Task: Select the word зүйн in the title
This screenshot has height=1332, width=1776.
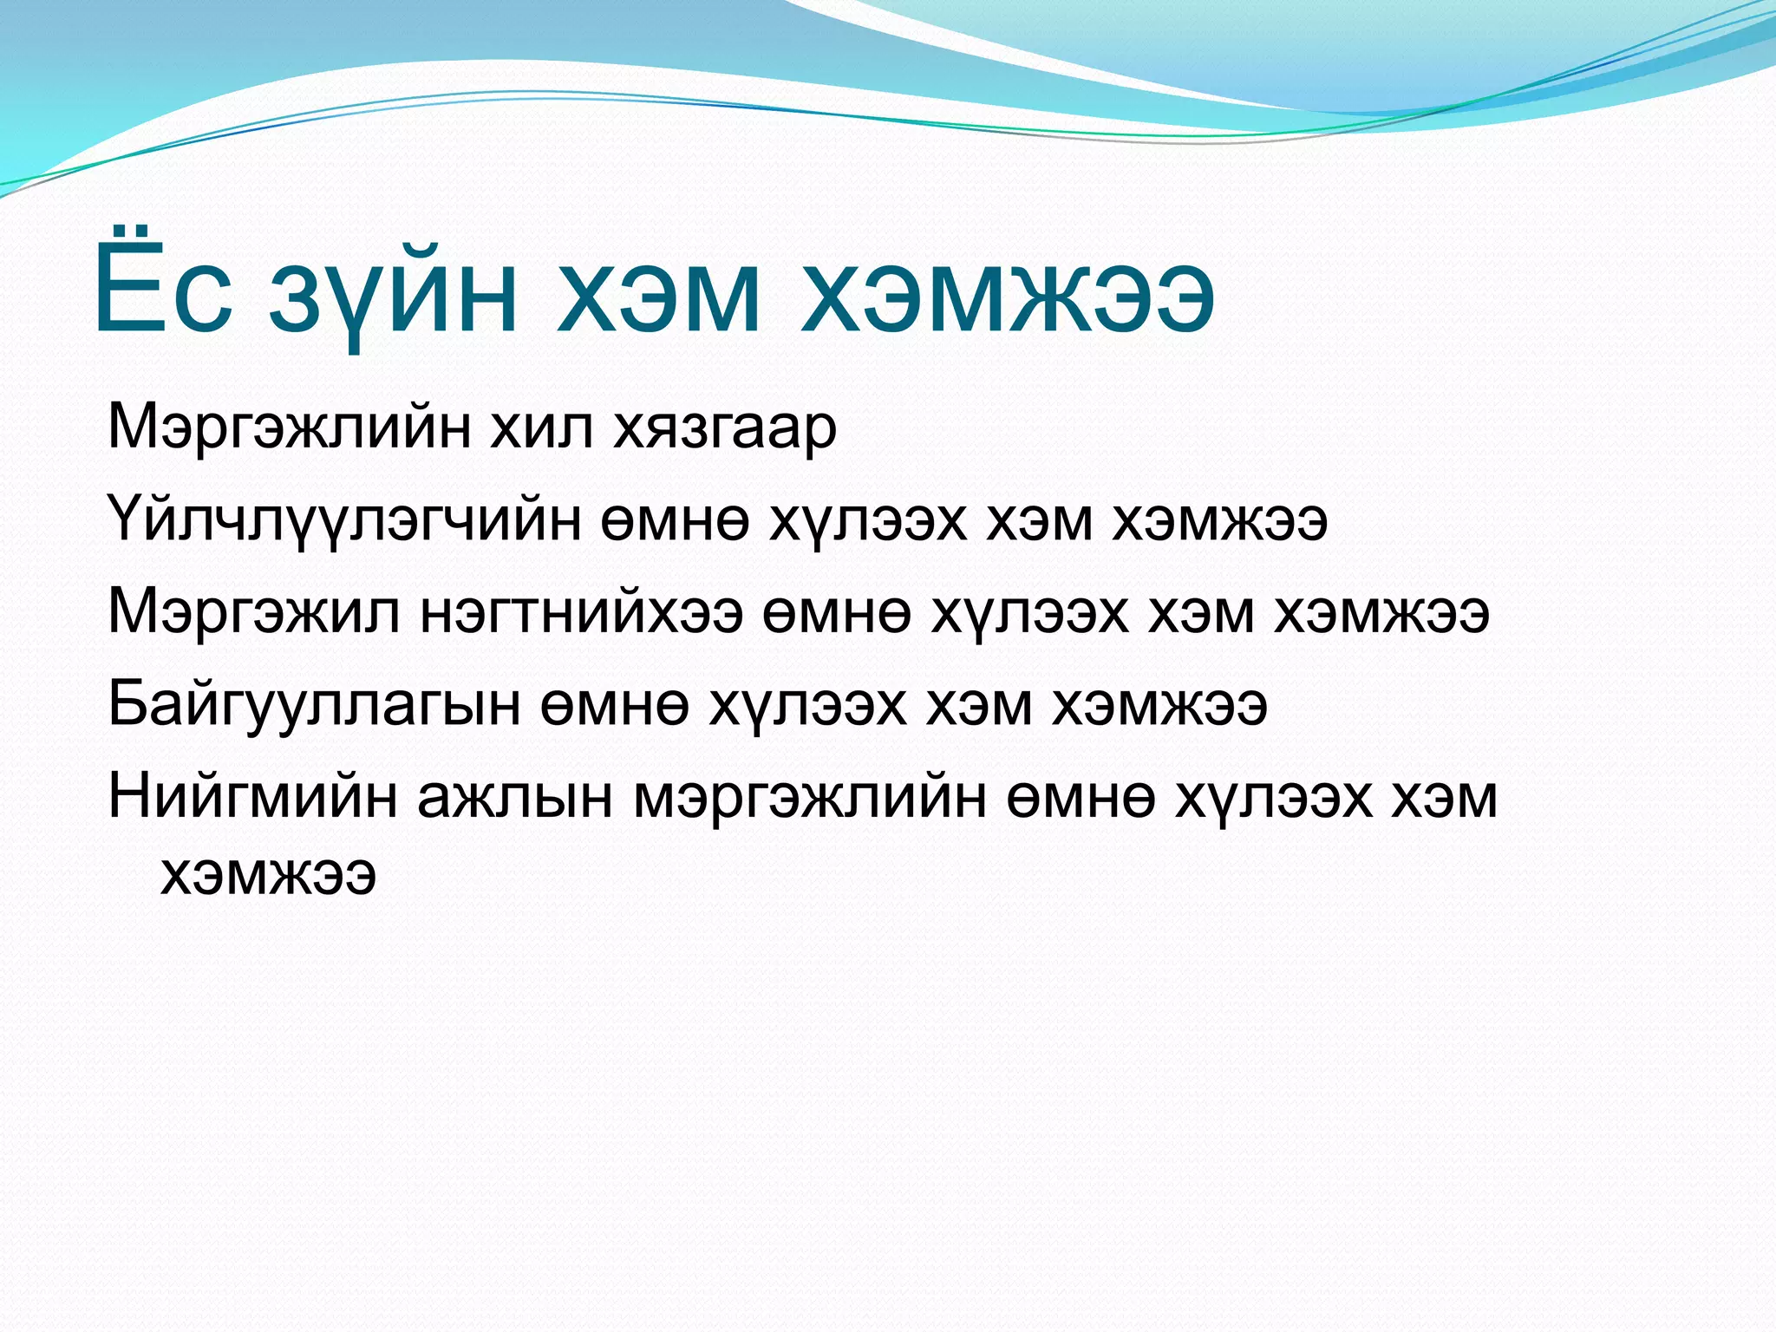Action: [x=393, y=295]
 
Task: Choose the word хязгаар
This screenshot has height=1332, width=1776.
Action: [x=725, y=430]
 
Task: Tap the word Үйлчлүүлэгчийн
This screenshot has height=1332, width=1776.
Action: [x=343, y=521]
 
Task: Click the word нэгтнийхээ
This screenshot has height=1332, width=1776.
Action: [x=582, y=613]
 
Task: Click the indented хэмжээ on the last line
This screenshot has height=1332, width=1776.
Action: [x=268, y=875]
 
